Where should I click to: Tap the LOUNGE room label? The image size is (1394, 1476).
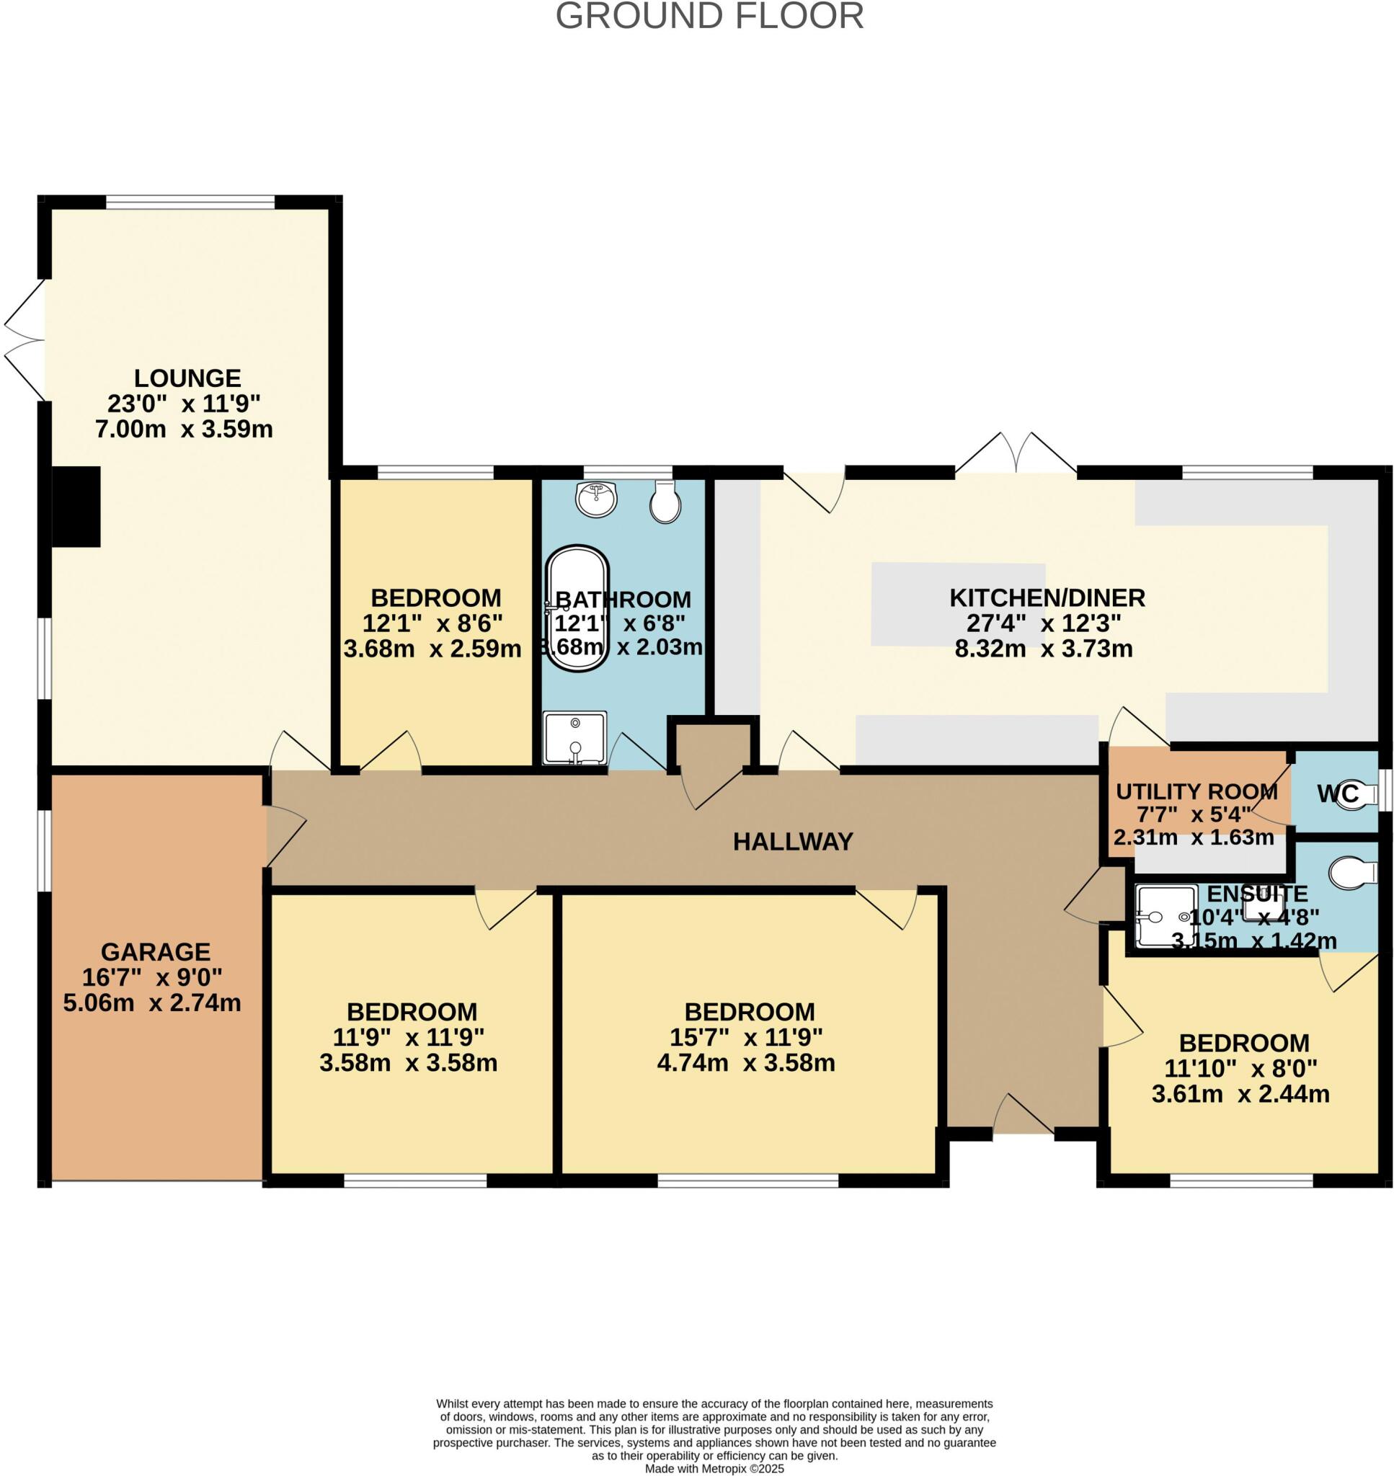(187, 378)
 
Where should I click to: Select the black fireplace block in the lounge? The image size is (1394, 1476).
(76, 507)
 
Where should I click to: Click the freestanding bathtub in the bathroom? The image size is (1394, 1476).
(577, 608)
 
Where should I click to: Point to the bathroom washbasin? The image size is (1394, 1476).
(596, 499)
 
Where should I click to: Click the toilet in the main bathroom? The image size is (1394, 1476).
(665, 502)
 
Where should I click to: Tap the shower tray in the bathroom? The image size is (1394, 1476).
(574, 737)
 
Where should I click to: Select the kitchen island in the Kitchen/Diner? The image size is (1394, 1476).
(958, 604)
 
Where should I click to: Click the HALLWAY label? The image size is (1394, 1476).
(793, 842)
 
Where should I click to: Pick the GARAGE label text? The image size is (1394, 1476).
(155, 951)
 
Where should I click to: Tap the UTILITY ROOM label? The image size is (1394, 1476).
(1197, 791)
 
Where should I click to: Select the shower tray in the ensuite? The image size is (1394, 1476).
(1166, 916)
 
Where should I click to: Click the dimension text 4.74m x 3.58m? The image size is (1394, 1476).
(745, 1063)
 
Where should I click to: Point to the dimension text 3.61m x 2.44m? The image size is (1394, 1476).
(1240, 1094)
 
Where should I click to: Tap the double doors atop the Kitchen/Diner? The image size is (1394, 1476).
(1016, 453)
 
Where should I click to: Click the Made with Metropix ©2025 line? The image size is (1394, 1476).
(714, 1469)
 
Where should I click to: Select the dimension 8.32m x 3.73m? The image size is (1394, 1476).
(1043, 649)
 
